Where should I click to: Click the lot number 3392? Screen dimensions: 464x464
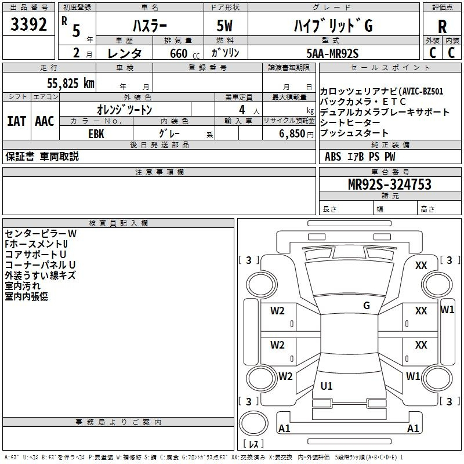(28, 24)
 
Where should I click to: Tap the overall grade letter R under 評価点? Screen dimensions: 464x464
(442, 27)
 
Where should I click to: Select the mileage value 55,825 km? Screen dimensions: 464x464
(71, 84)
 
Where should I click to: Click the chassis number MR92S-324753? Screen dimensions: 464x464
(390, 184)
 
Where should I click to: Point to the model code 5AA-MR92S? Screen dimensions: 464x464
(332, 53)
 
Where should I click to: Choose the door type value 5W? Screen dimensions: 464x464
(224, 26)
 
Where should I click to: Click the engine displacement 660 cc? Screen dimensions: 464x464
(184, 53)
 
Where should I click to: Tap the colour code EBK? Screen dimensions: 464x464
(96, 134)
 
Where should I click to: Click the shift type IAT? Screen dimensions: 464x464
(17, 121)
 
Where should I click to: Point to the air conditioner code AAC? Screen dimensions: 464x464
(45, 121)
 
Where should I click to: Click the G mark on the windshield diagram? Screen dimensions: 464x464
(367, 306)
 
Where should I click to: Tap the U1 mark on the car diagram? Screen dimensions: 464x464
(327, 386)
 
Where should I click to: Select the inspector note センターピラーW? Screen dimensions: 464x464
(41, 234)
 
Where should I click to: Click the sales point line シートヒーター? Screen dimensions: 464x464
(350, 122)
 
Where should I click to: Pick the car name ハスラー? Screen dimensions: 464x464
(150, 26)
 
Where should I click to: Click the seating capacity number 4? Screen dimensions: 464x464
(242, 110)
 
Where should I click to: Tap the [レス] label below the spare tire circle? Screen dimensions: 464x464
(253, 444)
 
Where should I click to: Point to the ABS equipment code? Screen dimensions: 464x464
(333, 157)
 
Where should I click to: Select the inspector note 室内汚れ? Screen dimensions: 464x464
(23, 286)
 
